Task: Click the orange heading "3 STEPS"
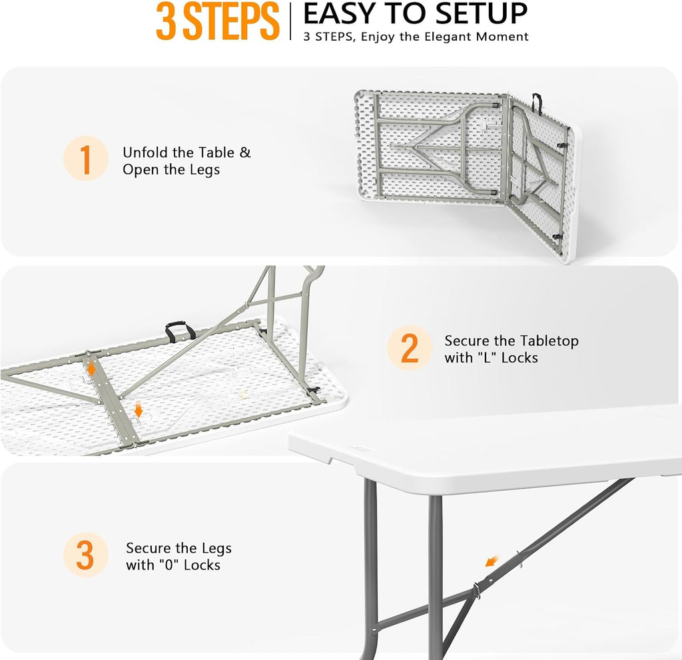pos(218,21)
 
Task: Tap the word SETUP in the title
pos(481,13)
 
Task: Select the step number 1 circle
pos(86,158)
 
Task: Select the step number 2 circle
pos(410,348)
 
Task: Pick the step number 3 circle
pos(86,555)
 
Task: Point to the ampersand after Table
pos(245,153)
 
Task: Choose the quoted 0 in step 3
pos(169,565)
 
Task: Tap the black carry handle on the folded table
pos(537,103)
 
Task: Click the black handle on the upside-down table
pos(180,330)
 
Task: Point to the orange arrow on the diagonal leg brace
pos(492,561)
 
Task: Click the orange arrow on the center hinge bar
pos(91,368)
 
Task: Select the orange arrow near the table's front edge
pos(139,410)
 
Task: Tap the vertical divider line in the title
pos(290,21)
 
